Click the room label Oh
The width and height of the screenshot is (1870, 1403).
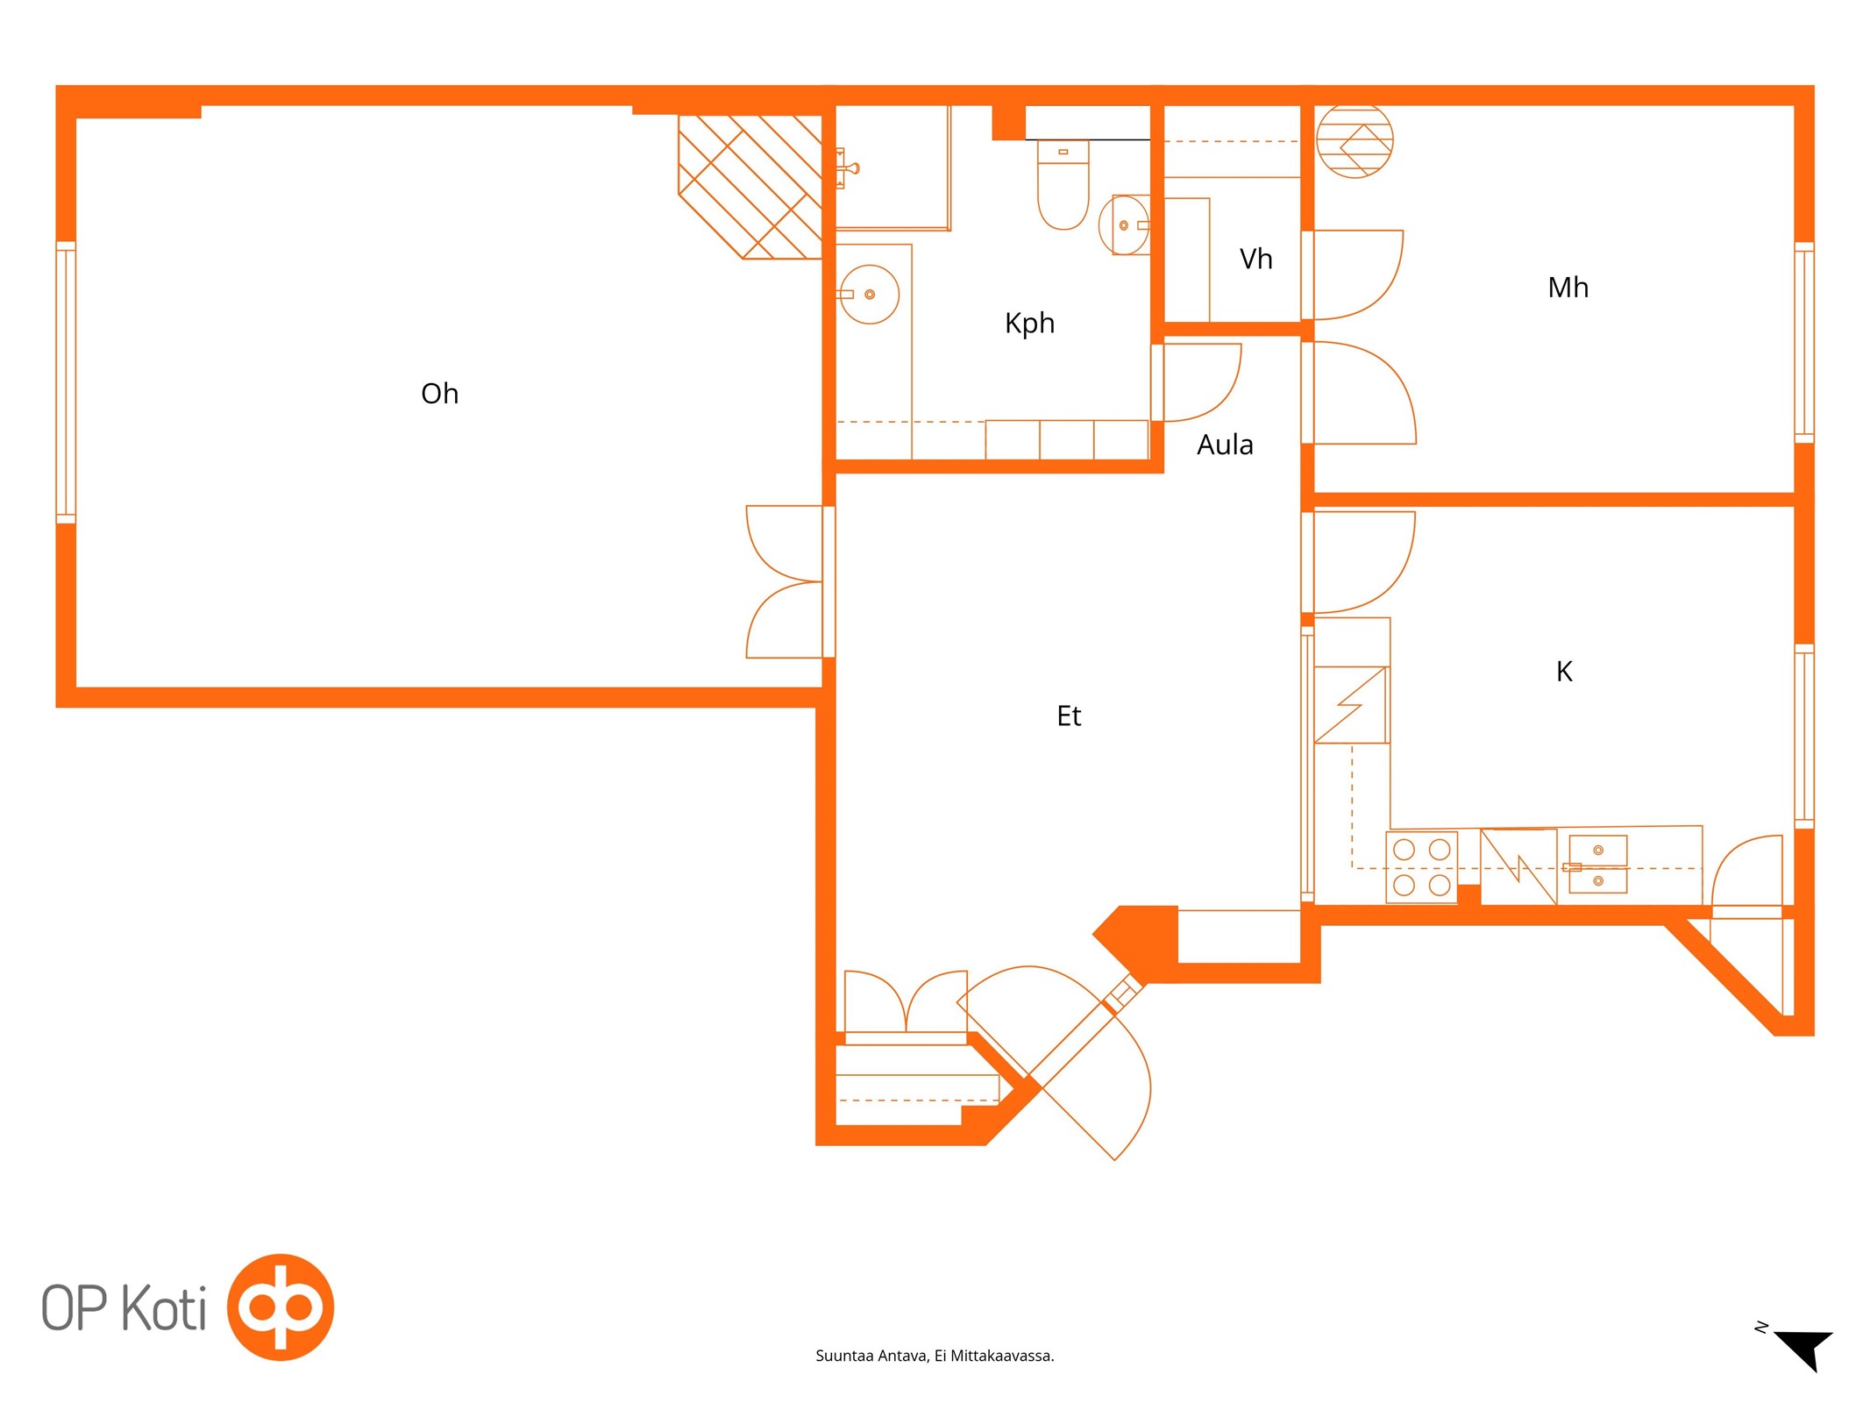[x=439, y=394]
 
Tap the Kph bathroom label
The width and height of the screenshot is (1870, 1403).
[x=1029, y=324]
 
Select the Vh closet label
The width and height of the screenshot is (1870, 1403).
[x=1255, y=259]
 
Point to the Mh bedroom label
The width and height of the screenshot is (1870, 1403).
[x=1568, y=288]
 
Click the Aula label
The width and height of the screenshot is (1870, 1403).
[x=1225, y=445]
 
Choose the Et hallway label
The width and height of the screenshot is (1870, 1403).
[x=1069, y=716]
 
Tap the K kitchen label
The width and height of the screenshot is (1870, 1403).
[x=1564, y=672]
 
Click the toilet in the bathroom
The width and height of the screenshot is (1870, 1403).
[x=1063, y=185]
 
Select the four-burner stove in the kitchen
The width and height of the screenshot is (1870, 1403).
[x=1421, y=866]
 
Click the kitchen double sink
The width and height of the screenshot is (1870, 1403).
[x=1597, y=865]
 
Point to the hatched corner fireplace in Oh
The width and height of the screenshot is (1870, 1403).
[x=750, y=187]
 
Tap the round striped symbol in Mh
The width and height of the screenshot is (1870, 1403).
[x=1355, y=140]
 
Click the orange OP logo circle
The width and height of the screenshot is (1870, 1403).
[x=281, y=1307]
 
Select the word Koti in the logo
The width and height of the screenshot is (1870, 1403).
[x=163, y=1307]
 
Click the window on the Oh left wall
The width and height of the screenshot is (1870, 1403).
[x=66, y=382]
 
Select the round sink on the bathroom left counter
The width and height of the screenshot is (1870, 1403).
[x=868, y=295]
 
